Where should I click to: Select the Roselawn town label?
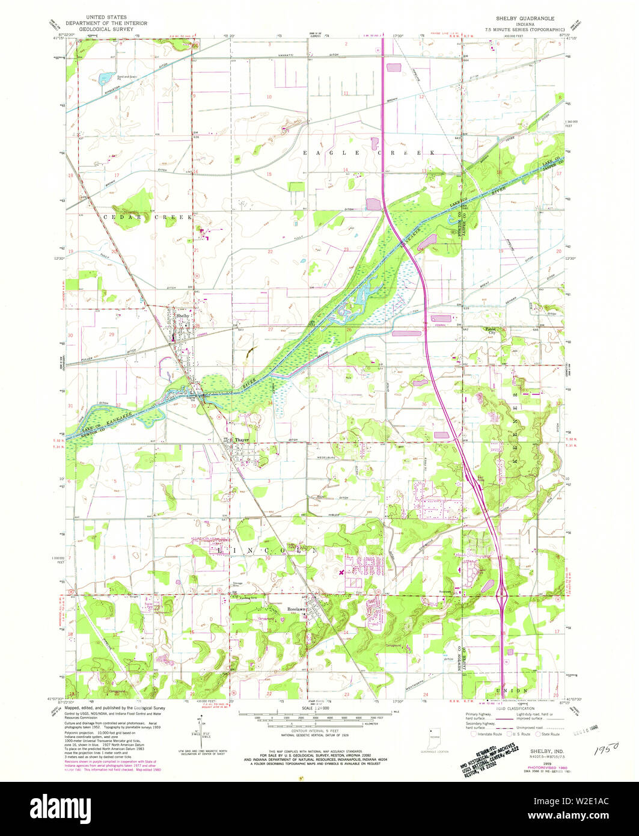(296, 608)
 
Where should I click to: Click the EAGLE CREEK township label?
(368, 153)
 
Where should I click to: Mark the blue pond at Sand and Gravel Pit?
(106, 77)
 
